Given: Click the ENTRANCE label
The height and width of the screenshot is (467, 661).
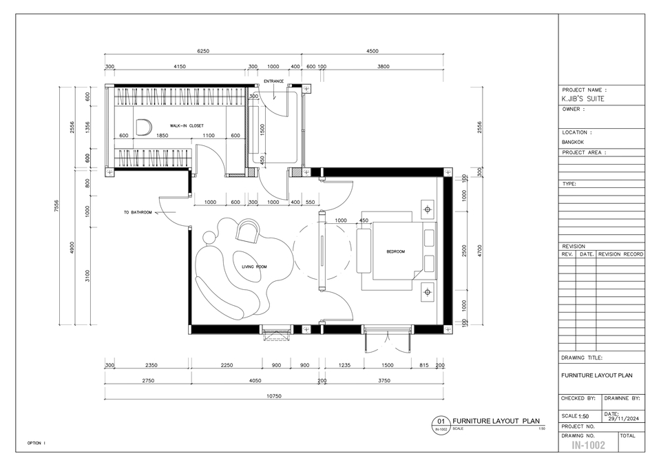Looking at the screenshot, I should point(273,81).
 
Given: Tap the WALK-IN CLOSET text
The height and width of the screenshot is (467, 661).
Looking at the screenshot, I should point(187,126).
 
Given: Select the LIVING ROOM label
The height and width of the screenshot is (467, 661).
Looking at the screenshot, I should point(254,267).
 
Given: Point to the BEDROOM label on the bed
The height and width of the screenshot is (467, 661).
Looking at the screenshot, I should point(396,252).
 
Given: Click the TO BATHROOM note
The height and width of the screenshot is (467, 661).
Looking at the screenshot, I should point(138,213).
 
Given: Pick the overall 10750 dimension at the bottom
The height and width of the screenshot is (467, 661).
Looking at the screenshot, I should point(275,396).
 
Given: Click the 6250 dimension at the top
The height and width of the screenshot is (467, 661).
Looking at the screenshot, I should point(203,51).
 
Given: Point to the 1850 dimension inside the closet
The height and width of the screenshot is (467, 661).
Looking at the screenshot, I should point(162,136).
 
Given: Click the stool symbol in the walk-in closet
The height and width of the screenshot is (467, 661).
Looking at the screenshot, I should point(143,127).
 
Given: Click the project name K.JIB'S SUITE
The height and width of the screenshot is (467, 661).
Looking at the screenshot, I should point(584,98).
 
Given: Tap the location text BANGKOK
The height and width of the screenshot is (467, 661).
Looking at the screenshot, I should point(574,143).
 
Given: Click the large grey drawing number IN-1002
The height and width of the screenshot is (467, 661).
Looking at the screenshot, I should point(588,446).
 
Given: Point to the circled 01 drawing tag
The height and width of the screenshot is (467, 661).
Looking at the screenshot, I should point(441,421).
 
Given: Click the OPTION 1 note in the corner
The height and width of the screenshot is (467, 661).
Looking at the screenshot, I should point(36,443).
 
